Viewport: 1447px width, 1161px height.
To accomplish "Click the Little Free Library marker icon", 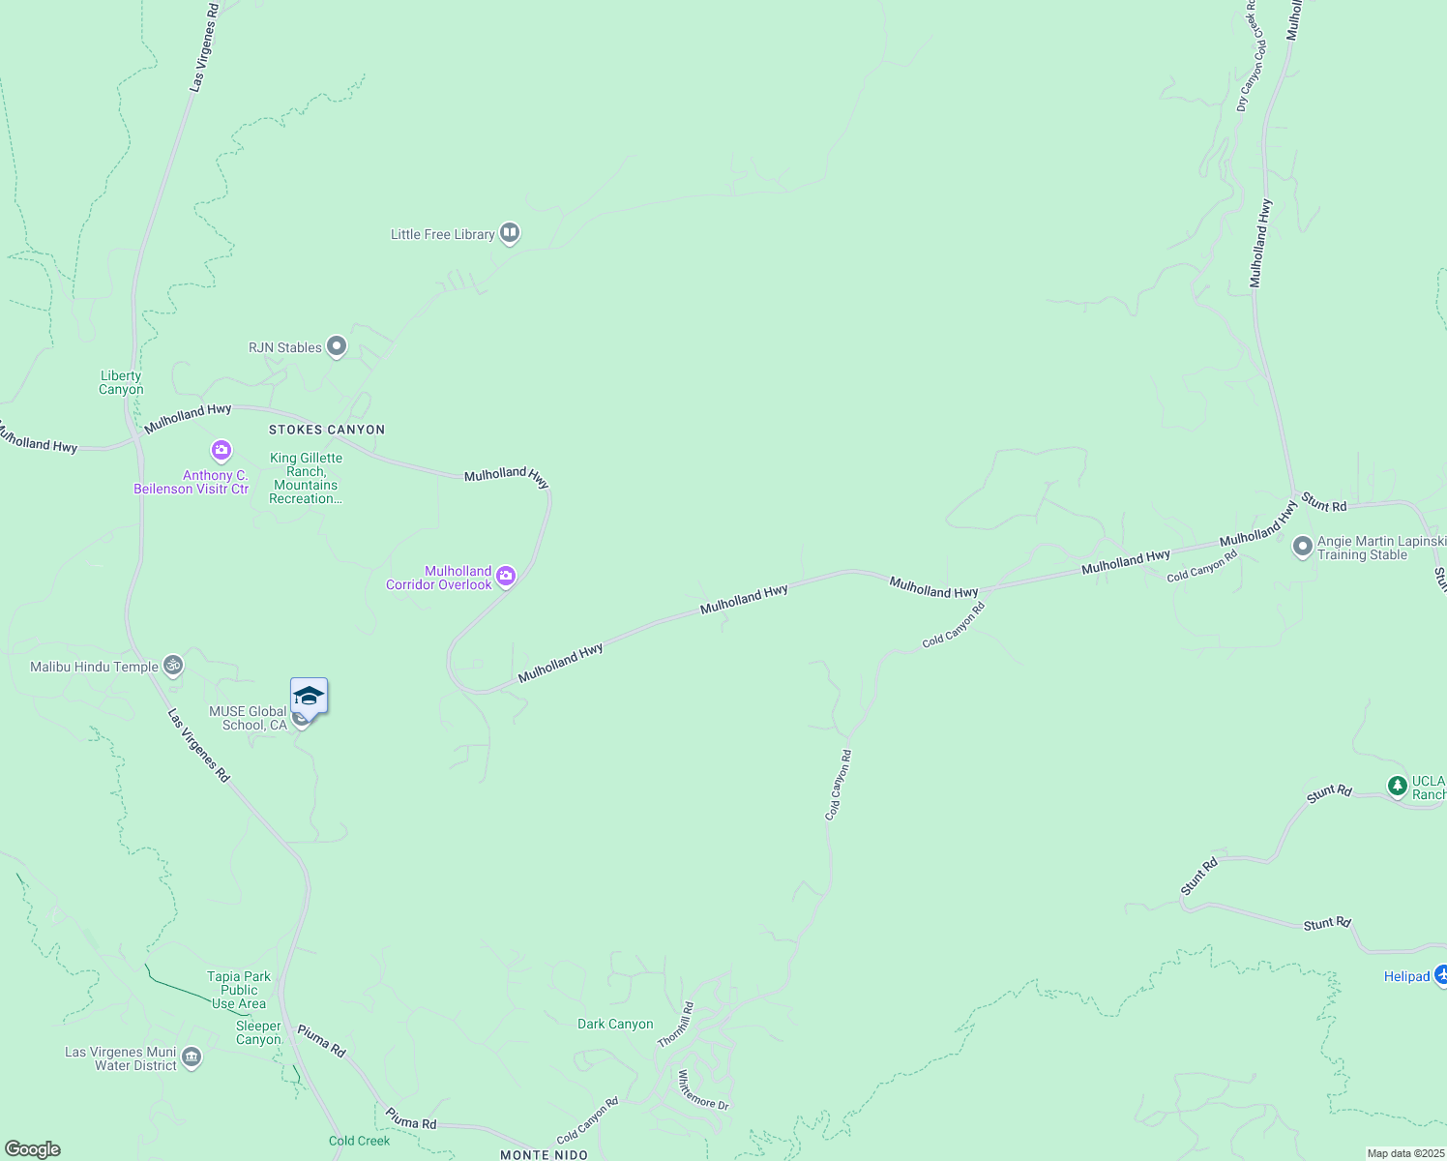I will [x=510, y=233].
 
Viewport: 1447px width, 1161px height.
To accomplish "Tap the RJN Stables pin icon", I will [x=337, y=346].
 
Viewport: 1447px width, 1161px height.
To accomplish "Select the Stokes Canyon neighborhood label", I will [x=327, y=430].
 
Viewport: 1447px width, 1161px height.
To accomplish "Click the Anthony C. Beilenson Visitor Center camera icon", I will [x=221, y=451].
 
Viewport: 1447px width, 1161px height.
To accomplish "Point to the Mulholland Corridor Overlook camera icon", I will [x=505, y=578].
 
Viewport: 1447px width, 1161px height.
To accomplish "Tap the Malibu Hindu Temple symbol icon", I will [x=173, y=666].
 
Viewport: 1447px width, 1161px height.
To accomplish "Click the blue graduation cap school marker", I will [x=309, y=697].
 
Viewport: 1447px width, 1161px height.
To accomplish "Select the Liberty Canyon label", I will [x=121, y=383].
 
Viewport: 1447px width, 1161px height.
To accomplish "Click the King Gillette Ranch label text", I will [x=306, y=478].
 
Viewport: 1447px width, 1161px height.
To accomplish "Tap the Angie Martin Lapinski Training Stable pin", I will [x=1302, y=548].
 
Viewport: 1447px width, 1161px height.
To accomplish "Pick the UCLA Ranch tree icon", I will [x=1397, y=786].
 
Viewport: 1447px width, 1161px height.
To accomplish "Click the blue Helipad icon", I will [x=1440, y=975].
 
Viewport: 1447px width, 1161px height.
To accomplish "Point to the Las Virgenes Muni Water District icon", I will [x=192, y=1057].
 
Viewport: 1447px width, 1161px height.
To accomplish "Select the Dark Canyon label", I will [x=615, y=1024].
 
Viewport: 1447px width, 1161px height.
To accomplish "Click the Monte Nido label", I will [x=545, y=1154].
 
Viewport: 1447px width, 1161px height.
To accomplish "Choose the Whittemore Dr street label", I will [x=702, y=1089].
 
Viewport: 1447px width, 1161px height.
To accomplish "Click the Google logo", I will [x=32, y=1149].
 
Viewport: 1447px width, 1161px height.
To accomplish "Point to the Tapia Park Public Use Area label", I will [x=239, y=990].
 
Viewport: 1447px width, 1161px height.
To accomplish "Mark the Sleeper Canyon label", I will [x=258, y=1032].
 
